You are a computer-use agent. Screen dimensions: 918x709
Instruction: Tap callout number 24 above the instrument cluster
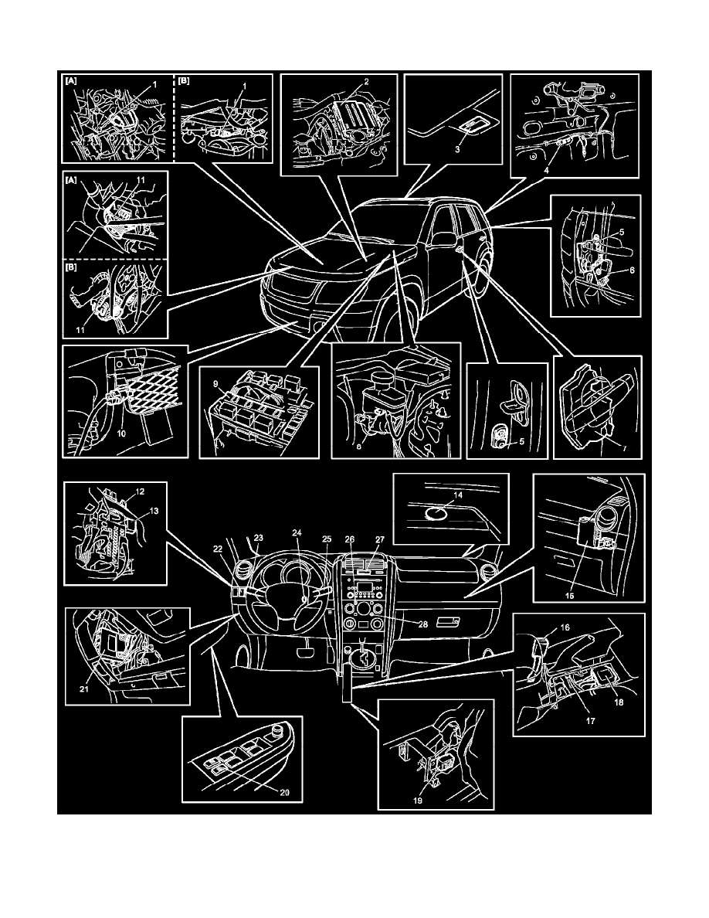point(297,533)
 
